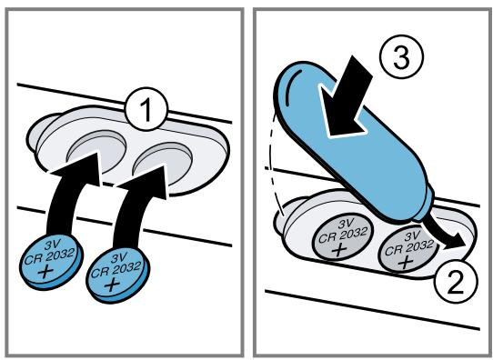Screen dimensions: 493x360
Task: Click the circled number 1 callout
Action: [x=146, y=110]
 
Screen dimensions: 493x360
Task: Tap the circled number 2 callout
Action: [x=456, y=280]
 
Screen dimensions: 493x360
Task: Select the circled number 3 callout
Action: [x=401, y=57]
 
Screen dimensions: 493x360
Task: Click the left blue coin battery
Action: [x=51, y=261]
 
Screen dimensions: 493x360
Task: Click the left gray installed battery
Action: [x=343, y=235]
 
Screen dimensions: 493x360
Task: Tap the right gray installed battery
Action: [x=409, y=249]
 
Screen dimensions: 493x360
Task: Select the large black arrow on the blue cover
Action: [x=346, y=97]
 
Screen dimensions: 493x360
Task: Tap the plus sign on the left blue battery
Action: [x=45, y=271]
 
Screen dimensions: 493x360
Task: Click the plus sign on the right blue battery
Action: [x=111, y=285]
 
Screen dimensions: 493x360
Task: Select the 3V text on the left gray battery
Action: [x=345, y=225]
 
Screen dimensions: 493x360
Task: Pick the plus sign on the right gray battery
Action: [x=406, y=260]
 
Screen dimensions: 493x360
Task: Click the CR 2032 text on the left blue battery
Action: [x=50, y=256]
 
